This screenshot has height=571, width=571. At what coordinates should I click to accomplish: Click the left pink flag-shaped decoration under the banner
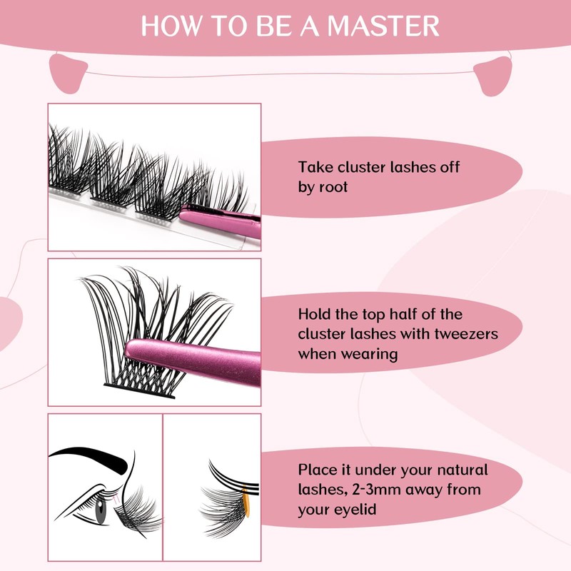click(x=69, y=71)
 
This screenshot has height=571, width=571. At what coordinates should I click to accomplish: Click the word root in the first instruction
click(x=333, y=187)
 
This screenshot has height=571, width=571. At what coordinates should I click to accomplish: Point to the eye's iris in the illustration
click(x=101, y=512)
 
